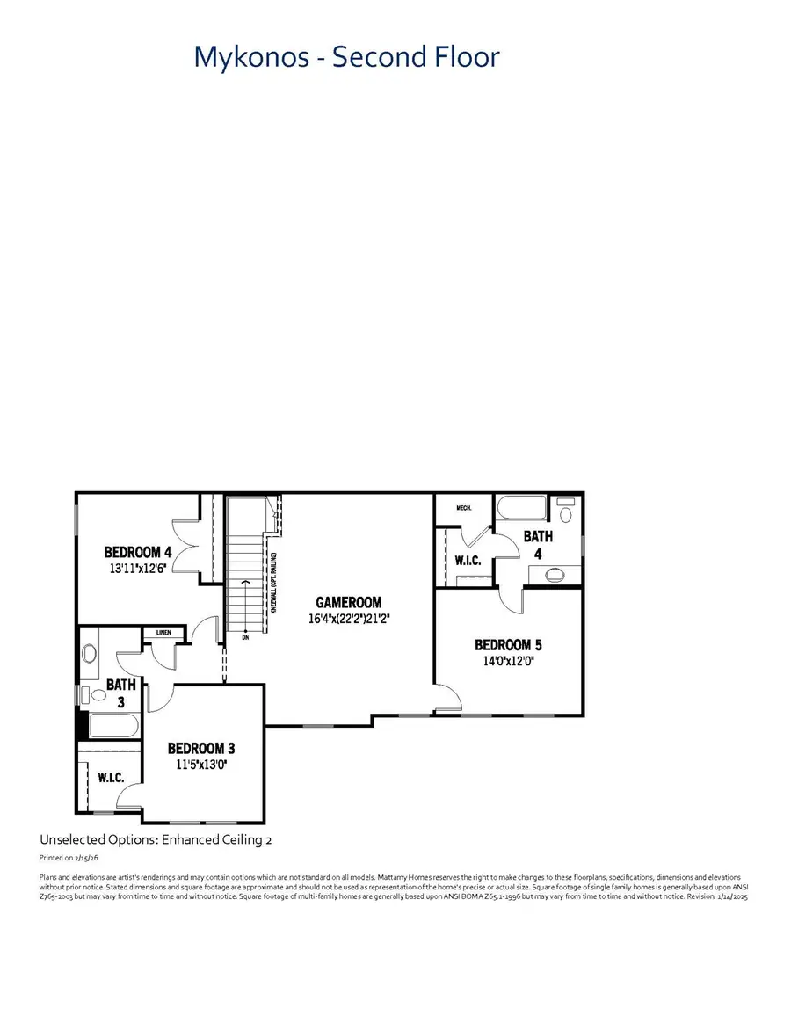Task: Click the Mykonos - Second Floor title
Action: [346, 57]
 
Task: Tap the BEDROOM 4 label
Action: [138, 552]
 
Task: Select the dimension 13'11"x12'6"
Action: [138, 569]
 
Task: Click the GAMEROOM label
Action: [349, 602]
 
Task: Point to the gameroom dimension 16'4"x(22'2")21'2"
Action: [349, 618]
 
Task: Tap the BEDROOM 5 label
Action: [509, 644]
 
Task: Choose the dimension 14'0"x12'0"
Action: [509, 660]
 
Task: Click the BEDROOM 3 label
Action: [201, 749]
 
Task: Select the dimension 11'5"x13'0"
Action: [201, 765]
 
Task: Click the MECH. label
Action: [465, 508]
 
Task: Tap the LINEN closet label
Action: [163, 632]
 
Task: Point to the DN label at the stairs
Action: [246, 636]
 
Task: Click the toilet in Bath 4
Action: [566, 513]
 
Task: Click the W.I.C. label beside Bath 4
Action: [467, 560]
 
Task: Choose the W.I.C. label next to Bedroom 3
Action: [110, 777]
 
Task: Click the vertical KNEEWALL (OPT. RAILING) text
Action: [275, 583]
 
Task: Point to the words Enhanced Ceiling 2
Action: [216, 840]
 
